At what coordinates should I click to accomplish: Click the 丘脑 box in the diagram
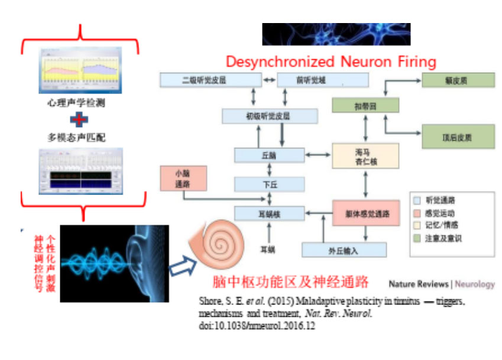click(x=269, y=155)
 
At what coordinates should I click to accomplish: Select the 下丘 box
click(x=269, y=184)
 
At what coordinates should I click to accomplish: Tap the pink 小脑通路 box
click(x=183, y=177)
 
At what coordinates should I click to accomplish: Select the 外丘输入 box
click(x=344, y=250)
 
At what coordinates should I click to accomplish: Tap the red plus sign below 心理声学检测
click(x=80, y=120)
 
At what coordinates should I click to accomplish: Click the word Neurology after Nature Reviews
click(x=475, y=284)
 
